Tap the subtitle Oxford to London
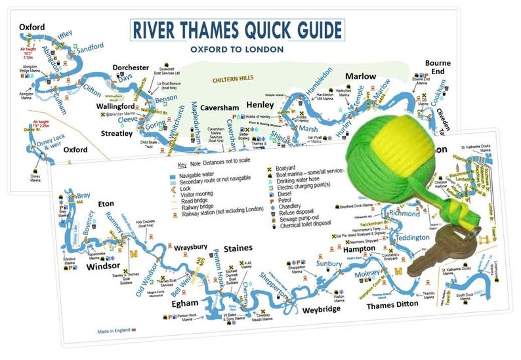[x=237, y=49]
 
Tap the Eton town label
[x=106, y=204]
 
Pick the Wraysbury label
[x=192, y=248]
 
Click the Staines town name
[x=238, y=249]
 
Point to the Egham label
[x=184, y=304]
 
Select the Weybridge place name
[x=323, y=309]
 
